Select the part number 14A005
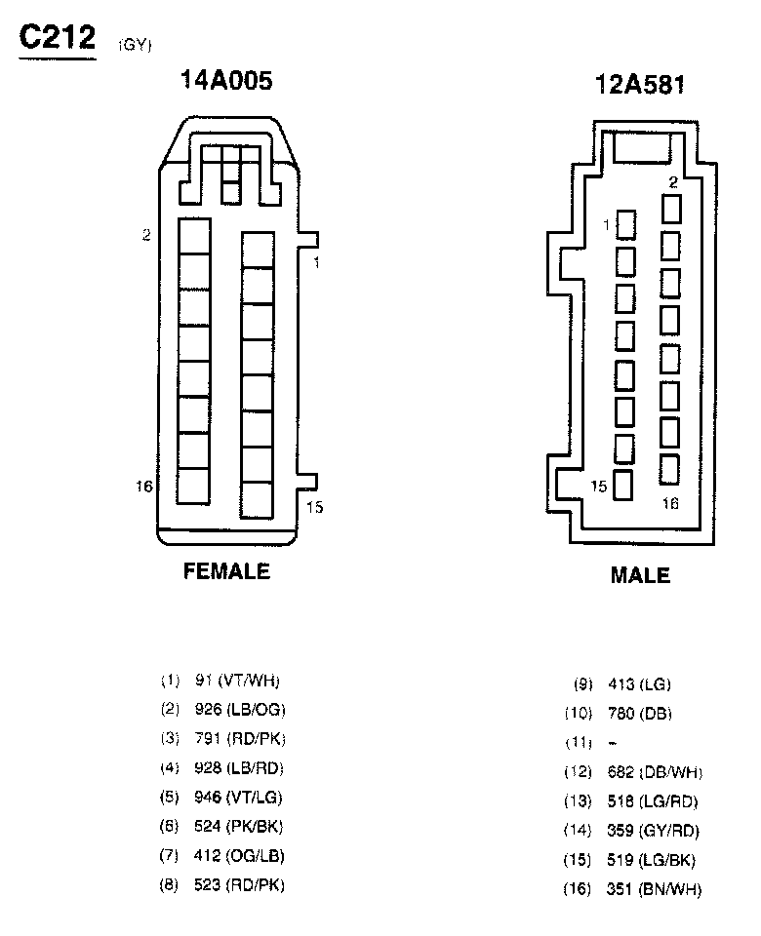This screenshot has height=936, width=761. pyautogui.click(x=225, y=81)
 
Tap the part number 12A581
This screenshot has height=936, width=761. pyautogui.click(x=640, y=85)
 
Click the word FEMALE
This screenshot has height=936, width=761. pyautogui.click(x=226, y=572)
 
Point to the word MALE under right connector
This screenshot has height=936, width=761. pyautogui.click(x=640, y=576)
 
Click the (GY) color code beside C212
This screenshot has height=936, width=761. pyautogui.click(x=136, y=44)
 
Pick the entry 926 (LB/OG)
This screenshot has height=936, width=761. pyautogui.click(x=239, y=709)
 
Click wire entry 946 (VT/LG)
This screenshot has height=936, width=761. pyautogui.click(x=238, y=798)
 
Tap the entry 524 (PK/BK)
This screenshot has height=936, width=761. pyautogui.click(x=239, y=827)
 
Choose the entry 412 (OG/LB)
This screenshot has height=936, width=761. pyautogui.click(x=239, y=856)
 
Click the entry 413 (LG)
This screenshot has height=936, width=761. pyautogui.click(x=639, y=685)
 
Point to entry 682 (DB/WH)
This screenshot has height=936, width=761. pyautogui.click(x=654, y=773)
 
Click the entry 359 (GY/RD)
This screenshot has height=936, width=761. pyautogui.click(x=653, y=832)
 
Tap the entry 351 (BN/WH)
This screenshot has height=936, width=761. pyautogui.click(x=654, y=889)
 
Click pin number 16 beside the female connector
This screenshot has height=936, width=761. pyautogui.click(x=144, y=486)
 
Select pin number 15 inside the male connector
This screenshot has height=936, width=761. pyautogui.click(x=599, y=485)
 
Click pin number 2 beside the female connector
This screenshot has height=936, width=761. pyautogui.click(x=146, y=235)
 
